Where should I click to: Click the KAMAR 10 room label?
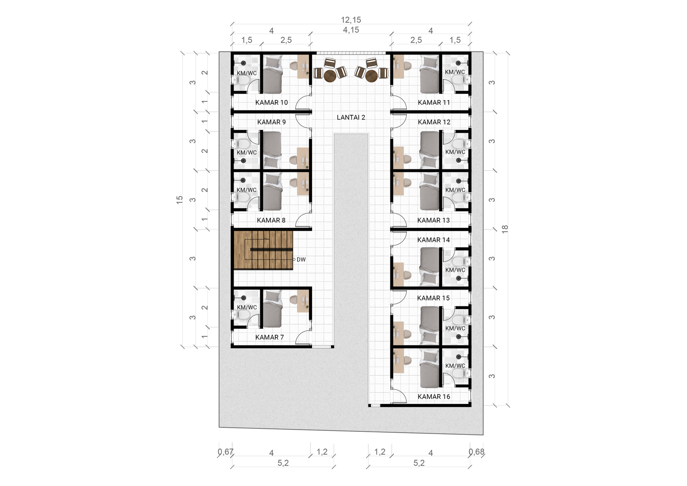271,103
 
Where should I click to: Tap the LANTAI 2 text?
351,117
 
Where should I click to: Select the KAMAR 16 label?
434,397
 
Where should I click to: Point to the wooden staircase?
263,250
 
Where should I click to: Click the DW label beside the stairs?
301,260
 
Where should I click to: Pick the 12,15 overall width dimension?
351,20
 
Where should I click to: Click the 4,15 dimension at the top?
351,30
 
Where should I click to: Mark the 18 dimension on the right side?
505,229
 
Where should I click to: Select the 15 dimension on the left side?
179,199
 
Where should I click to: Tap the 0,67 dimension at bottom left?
225,452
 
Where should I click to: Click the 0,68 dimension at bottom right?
476,452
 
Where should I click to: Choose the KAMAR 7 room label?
269,337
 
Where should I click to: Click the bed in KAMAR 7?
272,310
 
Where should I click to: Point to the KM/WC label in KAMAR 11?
455,72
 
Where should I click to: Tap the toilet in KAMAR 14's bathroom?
458,261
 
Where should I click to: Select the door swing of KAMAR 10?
303,103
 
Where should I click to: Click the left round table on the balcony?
330,76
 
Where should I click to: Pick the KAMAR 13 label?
433,220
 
